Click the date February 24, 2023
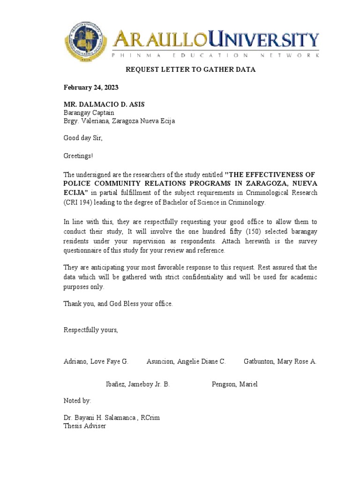click(x=91, y=88)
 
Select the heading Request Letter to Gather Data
click(x=190, y=70)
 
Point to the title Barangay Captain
click(x=89, y=112)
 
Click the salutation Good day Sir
click(x=82, y=138)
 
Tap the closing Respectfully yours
click(x=91, y=330)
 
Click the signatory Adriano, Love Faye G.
click(x=96, y=361)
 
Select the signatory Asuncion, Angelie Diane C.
click(x=186, y=361)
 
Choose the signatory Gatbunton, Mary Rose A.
click(x=280, y=361)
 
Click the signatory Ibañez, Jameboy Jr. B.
click(x=138, y=384)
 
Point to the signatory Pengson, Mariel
click(x=235, y=384)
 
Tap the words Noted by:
click(x=77, y=401)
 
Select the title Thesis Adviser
click(x=85, y=426)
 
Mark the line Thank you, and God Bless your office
click(x=118, y=304)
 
